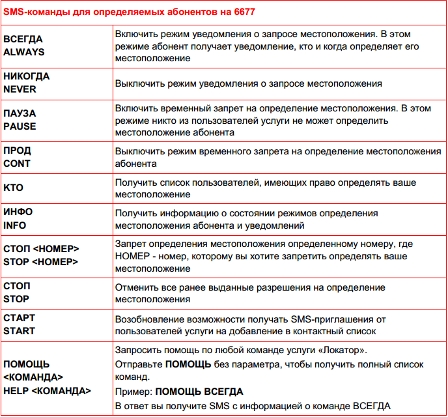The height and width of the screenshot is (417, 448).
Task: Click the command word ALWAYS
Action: click(x=24, y=51)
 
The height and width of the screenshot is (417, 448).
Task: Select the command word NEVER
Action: click(x=20, y=89)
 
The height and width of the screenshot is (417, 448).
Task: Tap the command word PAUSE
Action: click(x=20, y=126)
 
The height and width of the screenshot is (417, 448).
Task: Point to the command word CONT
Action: click(x=17, y=164)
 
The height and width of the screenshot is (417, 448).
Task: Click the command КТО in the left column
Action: click(x=13, y=188)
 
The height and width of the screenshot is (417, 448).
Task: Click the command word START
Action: click(x=20, y=331)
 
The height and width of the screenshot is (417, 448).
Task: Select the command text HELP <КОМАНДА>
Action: click(x=48, y=391)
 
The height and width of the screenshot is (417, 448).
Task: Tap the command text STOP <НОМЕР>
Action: click(x=42, y=262)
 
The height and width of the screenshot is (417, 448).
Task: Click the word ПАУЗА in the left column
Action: click(x=20, y=113)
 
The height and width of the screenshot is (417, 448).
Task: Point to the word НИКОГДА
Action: click(x=27, y=76)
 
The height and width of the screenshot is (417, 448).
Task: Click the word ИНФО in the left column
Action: click(x=18, y=212)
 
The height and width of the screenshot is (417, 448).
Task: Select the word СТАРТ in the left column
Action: click(x=20, y=318)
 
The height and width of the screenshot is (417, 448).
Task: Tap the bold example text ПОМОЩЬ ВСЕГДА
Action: click(x=199, y=392)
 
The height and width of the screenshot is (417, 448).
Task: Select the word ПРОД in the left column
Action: click(x=17, y=151)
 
